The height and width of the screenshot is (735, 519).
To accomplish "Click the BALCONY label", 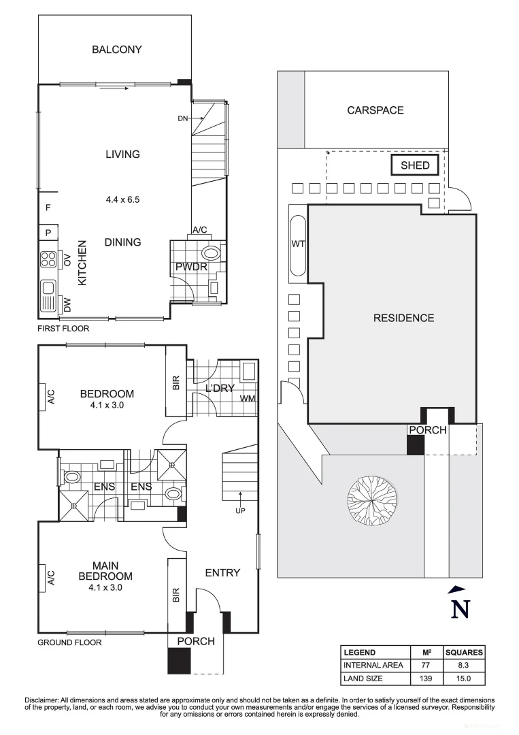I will point(117,49).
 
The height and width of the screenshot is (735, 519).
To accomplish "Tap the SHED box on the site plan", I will point(415,165).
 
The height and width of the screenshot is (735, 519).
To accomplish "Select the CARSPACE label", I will point(375,110).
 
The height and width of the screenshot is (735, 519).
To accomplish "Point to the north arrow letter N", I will point(461,609).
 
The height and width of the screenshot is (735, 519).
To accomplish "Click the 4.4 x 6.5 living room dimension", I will point(122,200).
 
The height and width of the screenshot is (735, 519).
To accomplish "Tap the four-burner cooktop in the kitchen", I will point(49,259).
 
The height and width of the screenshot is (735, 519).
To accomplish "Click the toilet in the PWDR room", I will point(212,254).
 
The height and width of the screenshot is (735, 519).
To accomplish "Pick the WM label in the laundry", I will point(247,398).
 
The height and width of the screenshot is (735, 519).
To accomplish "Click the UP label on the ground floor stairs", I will point(239,510).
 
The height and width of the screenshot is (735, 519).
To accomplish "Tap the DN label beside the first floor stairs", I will point(182,118).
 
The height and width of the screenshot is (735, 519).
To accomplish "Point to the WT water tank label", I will point(298,244).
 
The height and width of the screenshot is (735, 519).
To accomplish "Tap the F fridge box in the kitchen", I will point(48,208).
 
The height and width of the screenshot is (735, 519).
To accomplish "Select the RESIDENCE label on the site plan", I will point(403,318).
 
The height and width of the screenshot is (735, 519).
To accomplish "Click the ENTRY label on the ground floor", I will point(222,573).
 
